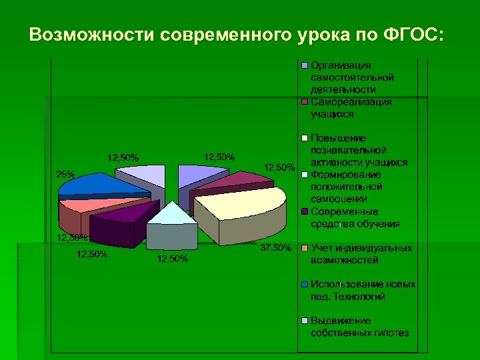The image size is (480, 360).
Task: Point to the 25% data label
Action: (x=65, y=174)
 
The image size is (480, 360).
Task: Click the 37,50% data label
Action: (x=275, y=248)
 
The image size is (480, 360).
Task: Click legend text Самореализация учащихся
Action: (x=351, y=108)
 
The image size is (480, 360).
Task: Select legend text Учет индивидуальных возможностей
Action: (x=361, y=254)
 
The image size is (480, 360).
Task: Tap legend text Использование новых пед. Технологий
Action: (x=363, y=290)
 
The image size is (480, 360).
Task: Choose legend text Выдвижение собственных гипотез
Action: (x=359, y=327)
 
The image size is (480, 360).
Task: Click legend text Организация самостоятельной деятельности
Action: (x=351, y=77)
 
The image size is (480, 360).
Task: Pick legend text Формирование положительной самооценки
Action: (x=347, y=187)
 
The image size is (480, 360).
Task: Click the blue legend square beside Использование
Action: (x=305, y=284)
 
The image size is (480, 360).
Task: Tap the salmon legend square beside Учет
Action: (x=305, y=248)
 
